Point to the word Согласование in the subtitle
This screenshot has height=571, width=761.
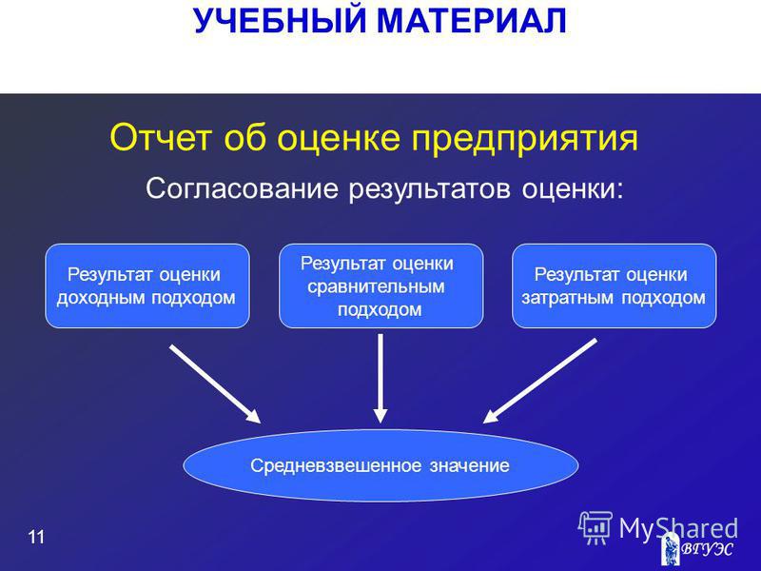tap(242, 187)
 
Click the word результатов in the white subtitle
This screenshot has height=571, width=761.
tap(430, 189)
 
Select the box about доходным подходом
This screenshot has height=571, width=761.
tap(147, 286)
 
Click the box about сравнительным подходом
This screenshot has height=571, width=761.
tap(381, 286)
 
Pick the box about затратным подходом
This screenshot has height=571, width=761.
tap(615, 286)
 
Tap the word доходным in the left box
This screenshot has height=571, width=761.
tap(101, 298)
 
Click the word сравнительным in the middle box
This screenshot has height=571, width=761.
tap(376, 286)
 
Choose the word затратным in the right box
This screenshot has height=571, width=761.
tap(566, 298)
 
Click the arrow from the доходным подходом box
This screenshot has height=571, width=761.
tap(215, 384)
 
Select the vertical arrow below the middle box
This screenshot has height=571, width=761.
tap(380, 378)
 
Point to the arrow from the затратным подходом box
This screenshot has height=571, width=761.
tap(539, 381)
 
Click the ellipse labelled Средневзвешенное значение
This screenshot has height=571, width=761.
tap(380, 465)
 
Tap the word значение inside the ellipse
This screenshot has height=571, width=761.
tap(469, 466)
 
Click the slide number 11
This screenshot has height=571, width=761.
tap(36, 537)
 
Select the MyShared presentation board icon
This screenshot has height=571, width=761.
tap(595, 528)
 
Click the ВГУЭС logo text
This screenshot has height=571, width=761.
tap(707, 550)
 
